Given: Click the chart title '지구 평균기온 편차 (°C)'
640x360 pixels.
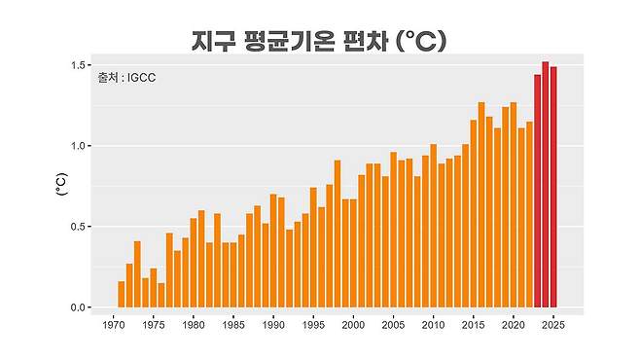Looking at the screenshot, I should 319,41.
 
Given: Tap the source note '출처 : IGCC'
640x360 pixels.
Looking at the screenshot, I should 127,78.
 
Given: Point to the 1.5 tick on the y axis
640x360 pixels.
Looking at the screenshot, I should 80,65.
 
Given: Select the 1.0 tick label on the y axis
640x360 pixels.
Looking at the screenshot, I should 80,146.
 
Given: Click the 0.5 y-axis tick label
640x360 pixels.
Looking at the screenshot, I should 80,227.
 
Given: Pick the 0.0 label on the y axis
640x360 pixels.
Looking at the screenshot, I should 80,307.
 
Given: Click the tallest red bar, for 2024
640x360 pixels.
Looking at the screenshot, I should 545,185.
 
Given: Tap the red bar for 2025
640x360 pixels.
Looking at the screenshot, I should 553,190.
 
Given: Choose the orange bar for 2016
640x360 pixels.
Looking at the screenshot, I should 481,204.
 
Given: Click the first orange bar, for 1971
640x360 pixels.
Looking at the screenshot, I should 121,295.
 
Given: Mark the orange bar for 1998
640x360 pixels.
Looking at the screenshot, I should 338,234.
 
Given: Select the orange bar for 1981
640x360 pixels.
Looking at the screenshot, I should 201,258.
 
